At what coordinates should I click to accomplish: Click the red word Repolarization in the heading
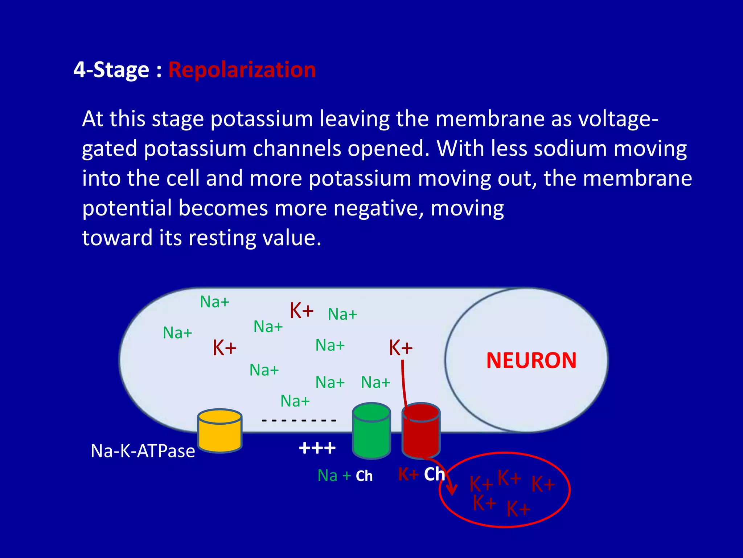coord(242,70)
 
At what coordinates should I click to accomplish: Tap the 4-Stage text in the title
coord(111,70)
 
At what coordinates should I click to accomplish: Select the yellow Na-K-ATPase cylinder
coord(220,431)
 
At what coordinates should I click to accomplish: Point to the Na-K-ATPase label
coord(143,451)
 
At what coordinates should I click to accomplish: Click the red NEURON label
coord(531,361)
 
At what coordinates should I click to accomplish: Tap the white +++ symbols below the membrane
coord(317,448)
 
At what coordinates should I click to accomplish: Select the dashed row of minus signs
coord(299,421)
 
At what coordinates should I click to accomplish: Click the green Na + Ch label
coord(345,476)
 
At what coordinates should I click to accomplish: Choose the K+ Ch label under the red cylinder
coord(421,474)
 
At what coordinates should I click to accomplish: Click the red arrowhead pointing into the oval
coord(452,490)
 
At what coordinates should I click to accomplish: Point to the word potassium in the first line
coord(261,119)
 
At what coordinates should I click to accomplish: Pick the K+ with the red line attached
coord(401,348)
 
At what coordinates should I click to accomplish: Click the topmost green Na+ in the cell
coord(214,302)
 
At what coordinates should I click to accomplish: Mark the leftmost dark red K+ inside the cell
coord(224,348)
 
